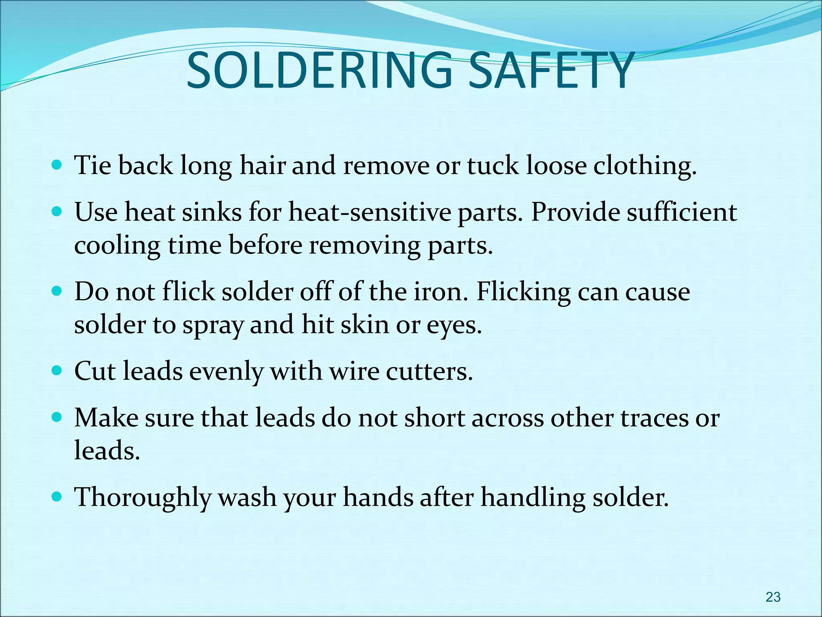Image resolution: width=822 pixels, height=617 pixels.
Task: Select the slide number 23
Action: coord(773,597)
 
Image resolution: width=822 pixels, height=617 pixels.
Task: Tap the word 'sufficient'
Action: coord(682,212)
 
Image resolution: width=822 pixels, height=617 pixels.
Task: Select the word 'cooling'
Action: coord(117,246)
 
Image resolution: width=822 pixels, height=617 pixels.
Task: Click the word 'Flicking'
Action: coord(523,292)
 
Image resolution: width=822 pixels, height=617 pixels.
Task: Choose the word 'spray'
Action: coord(213,325)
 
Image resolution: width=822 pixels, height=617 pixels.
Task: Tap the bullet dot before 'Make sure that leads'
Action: coord(57,417)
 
